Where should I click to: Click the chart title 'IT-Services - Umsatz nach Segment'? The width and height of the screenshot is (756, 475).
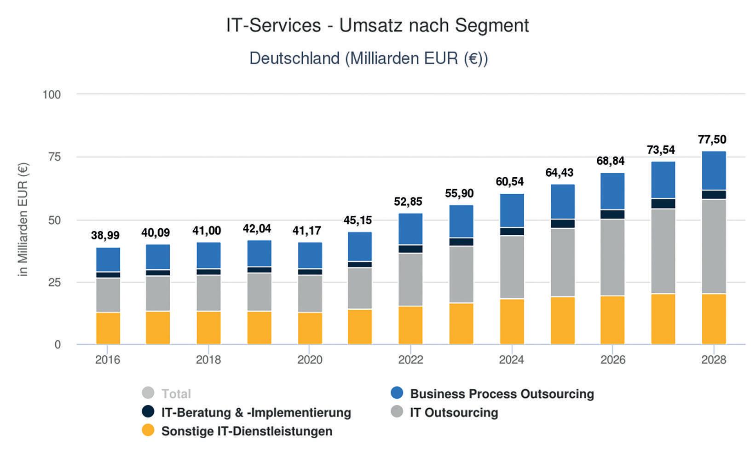pyautogui.click(x=377, y=25)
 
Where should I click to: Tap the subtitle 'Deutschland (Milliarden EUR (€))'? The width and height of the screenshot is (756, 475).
pyautogui.click(x=369, y=58)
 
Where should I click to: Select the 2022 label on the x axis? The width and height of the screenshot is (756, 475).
pyautogui.click(x=410, y=359)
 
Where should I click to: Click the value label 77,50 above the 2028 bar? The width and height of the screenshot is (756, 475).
pyautogui.click(x=712, y=139)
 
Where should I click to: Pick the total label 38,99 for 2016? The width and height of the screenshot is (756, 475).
pyautogui.click(x=105, y=236)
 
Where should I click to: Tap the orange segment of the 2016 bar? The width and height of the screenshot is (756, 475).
pyautogui.click(x=108, y=328)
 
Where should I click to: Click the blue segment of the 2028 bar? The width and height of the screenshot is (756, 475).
pyautogui.click(x=714, y=170)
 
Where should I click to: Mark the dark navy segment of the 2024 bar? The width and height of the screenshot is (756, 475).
pyautogui.click(x=512, y=232)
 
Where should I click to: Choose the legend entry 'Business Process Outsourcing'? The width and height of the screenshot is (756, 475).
pyautogui.click(x=502, y=394)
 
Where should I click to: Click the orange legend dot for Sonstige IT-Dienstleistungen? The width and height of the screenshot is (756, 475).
pyautogui.click(x=148, y=430)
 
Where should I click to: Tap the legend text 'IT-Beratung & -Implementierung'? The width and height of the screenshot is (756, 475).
pyautogui.click(x=256, y=412)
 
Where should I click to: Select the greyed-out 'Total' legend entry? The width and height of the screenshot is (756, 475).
pyautogui.click(x=176, y=394)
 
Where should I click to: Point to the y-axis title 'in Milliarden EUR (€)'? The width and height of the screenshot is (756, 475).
pyautogui.click(x=23, y=220)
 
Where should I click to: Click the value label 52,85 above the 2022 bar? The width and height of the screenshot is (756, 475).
pyautogui.click(x=408, y=202)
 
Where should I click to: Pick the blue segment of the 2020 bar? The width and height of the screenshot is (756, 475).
pyautogui.click(x=310, y=255)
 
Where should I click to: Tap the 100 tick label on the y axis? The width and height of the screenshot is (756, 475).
pyautogui.click(x=52, y=95)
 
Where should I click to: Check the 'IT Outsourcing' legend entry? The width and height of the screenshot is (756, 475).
pyautogui.click(x=454, y=412)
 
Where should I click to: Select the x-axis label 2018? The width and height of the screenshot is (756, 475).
pyautogui.click(x=208, y=359)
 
